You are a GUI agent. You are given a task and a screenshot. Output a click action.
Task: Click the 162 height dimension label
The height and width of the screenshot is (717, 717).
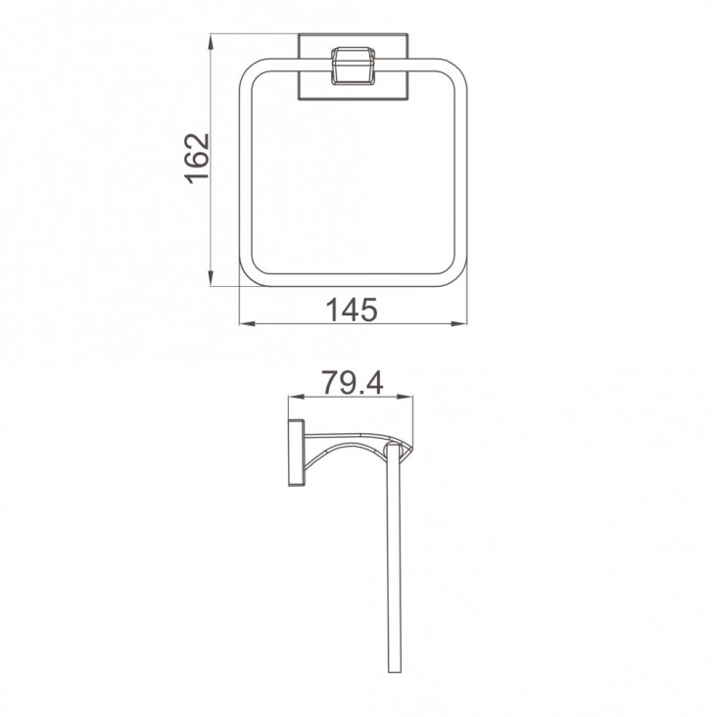[x=198, y=159]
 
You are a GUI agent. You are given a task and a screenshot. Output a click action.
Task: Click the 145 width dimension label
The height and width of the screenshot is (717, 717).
[x=352, y=310]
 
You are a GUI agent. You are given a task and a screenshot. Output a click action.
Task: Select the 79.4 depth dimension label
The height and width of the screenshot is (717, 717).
[x=352, y=382]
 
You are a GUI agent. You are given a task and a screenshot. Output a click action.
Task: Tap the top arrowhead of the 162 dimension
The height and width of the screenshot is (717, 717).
[x=211, y=42]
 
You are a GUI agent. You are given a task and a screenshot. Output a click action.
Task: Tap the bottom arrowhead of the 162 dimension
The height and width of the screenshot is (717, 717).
[x=211, y=277]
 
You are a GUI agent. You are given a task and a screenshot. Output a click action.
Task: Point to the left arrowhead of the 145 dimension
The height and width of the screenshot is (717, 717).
[x=248, y=324]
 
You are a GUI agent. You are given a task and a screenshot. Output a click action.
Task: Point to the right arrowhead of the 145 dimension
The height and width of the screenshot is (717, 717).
[x=459, y=324]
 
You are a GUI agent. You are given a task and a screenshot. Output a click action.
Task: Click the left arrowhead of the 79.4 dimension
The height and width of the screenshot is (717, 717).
[x=297, y=397]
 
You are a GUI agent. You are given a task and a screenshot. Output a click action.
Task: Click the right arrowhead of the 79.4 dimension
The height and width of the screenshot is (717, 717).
[x=406, y=397]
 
